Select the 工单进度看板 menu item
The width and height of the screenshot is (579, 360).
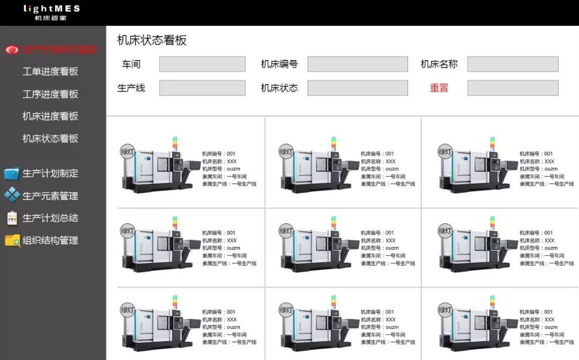point(50,72)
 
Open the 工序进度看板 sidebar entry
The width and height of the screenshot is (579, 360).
point(50,94)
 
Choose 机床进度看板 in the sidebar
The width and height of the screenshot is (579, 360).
point(50,116)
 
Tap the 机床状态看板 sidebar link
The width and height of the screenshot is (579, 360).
point(50,139)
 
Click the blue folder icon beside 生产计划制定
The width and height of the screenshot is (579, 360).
point(11,174)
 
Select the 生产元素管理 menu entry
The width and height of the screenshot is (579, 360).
point(50,196)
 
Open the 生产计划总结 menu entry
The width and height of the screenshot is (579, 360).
point(50,219)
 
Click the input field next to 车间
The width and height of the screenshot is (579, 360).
point(202,64)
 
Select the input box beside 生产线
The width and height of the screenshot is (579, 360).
point(202,88)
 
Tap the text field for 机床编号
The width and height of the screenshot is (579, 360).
point(358,64)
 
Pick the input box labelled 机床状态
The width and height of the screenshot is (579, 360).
point(358,88)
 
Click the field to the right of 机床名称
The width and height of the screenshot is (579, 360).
point(513,64)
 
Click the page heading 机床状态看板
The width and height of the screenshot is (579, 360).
point(152,41)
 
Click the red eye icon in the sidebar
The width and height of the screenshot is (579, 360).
point(11,50)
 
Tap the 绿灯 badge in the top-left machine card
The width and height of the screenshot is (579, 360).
point(128,152)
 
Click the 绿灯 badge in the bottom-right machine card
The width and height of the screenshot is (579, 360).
point(446,310)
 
